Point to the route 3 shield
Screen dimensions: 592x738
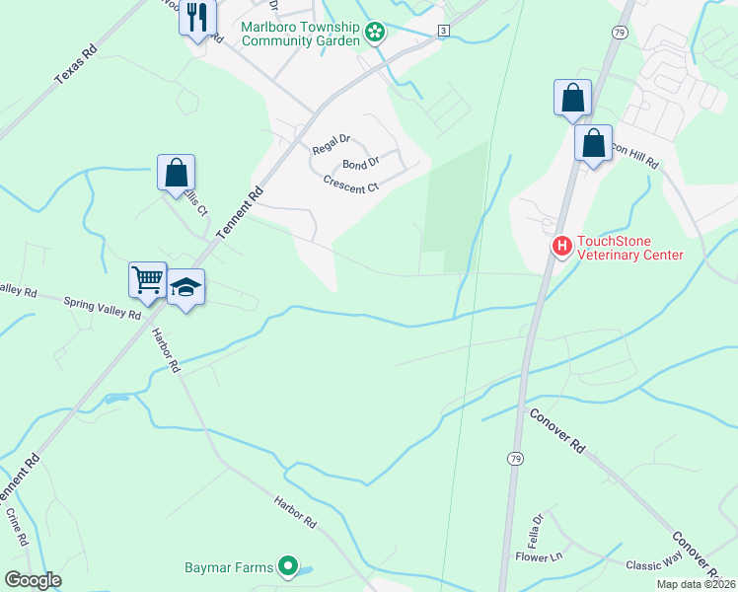tap(444, 32)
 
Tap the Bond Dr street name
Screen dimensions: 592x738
tap(360, 164)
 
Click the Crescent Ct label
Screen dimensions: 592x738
tap(351, 184)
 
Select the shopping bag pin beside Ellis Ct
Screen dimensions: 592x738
tap(176, 173)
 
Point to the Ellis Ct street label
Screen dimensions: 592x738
tap(197, 200)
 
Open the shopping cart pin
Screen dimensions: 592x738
tap(147, 280)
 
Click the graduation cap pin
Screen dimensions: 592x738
tap(185, 287)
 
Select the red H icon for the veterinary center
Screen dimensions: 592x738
tap(561, 245)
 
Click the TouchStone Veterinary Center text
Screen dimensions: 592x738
tap(629, 247)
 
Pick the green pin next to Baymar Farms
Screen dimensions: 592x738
tap(288, 566)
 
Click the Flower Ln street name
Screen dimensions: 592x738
tap(538, 557)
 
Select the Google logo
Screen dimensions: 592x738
tap(34, 580)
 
